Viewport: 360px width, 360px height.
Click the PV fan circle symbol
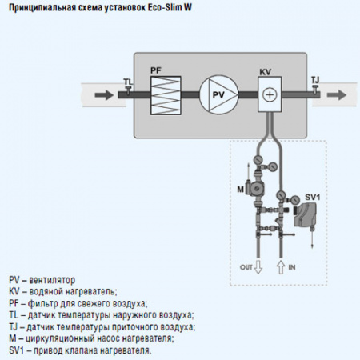[218, 95]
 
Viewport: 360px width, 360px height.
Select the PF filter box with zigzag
[166, 95]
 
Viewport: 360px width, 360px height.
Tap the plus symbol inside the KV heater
[270, 94]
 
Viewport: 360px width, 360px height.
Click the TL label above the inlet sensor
[128, 82]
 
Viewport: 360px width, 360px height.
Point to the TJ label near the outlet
[315, 80]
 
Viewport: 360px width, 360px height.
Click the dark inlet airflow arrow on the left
[104, 95]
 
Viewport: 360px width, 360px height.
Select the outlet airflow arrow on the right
[337, 94]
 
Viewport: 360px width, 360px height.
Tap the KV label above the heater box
[266, 72]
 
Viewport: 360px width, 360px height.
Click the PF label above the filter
[156, 70]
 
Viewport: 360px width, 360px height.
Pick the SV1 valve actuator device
[305, 215]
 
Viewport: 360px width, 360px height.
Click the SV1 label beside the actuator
[313, 198]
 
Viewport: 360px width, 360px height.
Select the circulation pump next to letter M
[255, 188]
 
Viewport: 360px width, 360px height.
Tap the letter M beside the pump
[241, 190]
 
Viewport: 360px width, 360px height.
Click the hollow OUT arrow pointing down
[258, 267]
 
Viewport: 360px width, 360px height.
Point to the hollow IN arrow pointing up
[281, 267]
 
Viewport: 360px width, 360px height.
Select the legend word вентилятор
[52, 280]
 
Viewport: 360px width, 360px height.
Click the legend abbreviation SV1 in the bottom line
[17, 350]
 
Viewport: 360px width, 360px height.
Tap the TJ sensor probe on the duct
[316, 90]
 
